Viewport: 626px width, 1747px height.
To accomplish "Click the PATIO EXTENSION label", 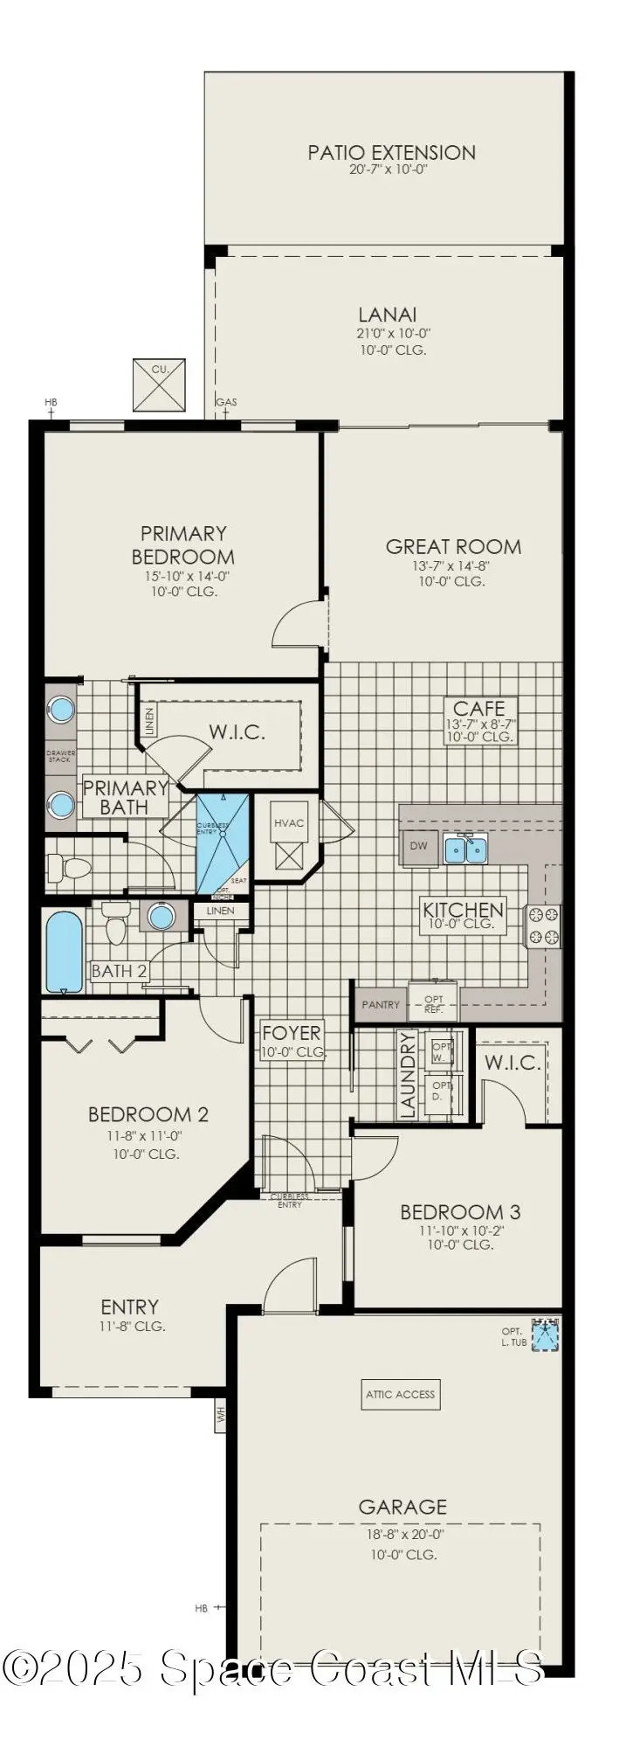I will click(x=391, y=153).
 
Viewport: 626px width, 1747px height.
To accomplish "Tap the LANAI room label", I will click(x=387, y=315).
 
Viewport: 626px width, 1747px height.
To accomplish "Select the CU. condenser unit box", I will click(x=159, y=385).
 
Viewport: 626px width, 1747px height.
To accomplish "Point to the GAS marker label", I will click(x=227, y=402).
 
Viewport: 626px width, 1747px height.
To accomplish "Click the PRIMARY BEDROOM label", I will click(x=183, y=544).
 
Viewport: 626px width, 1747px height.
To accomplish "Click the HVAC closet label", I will click(x=289, y=822).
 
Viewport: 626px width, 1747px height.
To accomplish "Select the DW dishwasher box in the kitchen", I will click(x=419, y=846).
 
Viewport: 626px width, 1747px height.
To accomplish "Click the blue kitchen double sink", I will click(x=465, y=849).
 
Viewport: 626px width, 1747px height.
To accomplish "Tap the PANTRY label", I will click(x=381, y=1005).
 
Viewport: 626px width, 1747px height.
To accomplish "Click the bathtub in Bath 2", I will click(x=64, y=952).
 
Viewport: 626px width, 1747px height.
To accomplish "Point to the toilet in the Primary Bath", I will click(x=71, y=868).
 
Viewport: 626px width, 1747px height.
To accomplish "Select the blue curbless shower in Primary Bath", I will click(x=222, y=842).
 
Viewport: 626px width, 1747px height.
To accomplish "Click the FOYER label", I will click(x=292, y=1033).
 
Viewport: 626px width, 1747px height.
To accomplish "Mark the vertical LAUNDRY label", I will click(x=407, y=1075).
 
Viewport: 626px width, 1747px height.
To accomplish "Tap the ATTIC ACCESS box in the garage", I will click(x=400, y=1394).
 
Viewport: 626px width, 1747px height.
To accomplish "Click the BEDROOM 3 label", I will click(x=460, y=1212).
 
